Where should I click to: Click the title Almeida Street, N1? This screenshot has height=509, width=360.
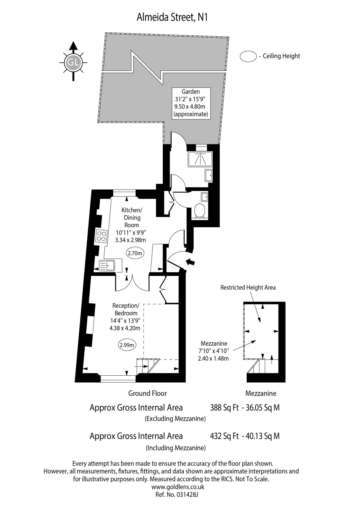pos(172,18)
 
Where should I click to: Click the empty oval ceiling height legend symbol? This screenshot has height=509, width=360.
pos(248,56)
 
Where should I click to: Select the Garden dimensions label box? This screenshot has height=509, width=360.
pos(191,103)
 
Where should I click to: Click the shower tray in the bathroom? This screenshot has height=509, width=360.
pos(200,159)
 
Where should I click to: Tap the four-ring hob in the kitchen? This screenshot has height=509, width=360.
pos(101,236)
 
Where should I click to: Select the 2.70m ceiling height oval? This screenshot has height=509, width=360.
pos(135,253)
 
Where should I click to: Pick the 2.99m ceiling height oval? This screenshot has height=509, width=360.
pos(127,345)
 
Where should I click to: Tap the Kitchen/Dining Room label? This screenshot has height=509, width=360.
pos(131,225)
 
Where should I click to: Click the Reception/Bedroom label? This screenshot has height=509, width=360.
pos(125,317)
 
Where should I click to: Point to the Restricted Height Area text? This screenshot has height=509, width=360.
pos(248,287)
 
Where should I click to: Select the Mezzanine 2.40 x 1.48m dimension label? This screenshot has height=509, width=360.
pos(213,351)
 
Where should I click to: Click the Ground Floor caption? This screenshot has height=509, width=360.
pos(147,393)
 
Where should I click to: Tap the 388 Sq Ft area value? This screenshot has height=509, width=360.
pos(224,408)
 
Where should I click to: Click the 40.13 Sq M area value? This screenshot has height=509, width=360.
pos(263,436)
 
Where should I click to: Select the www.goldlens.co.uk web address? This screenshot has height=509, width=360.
pos(178,487)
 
